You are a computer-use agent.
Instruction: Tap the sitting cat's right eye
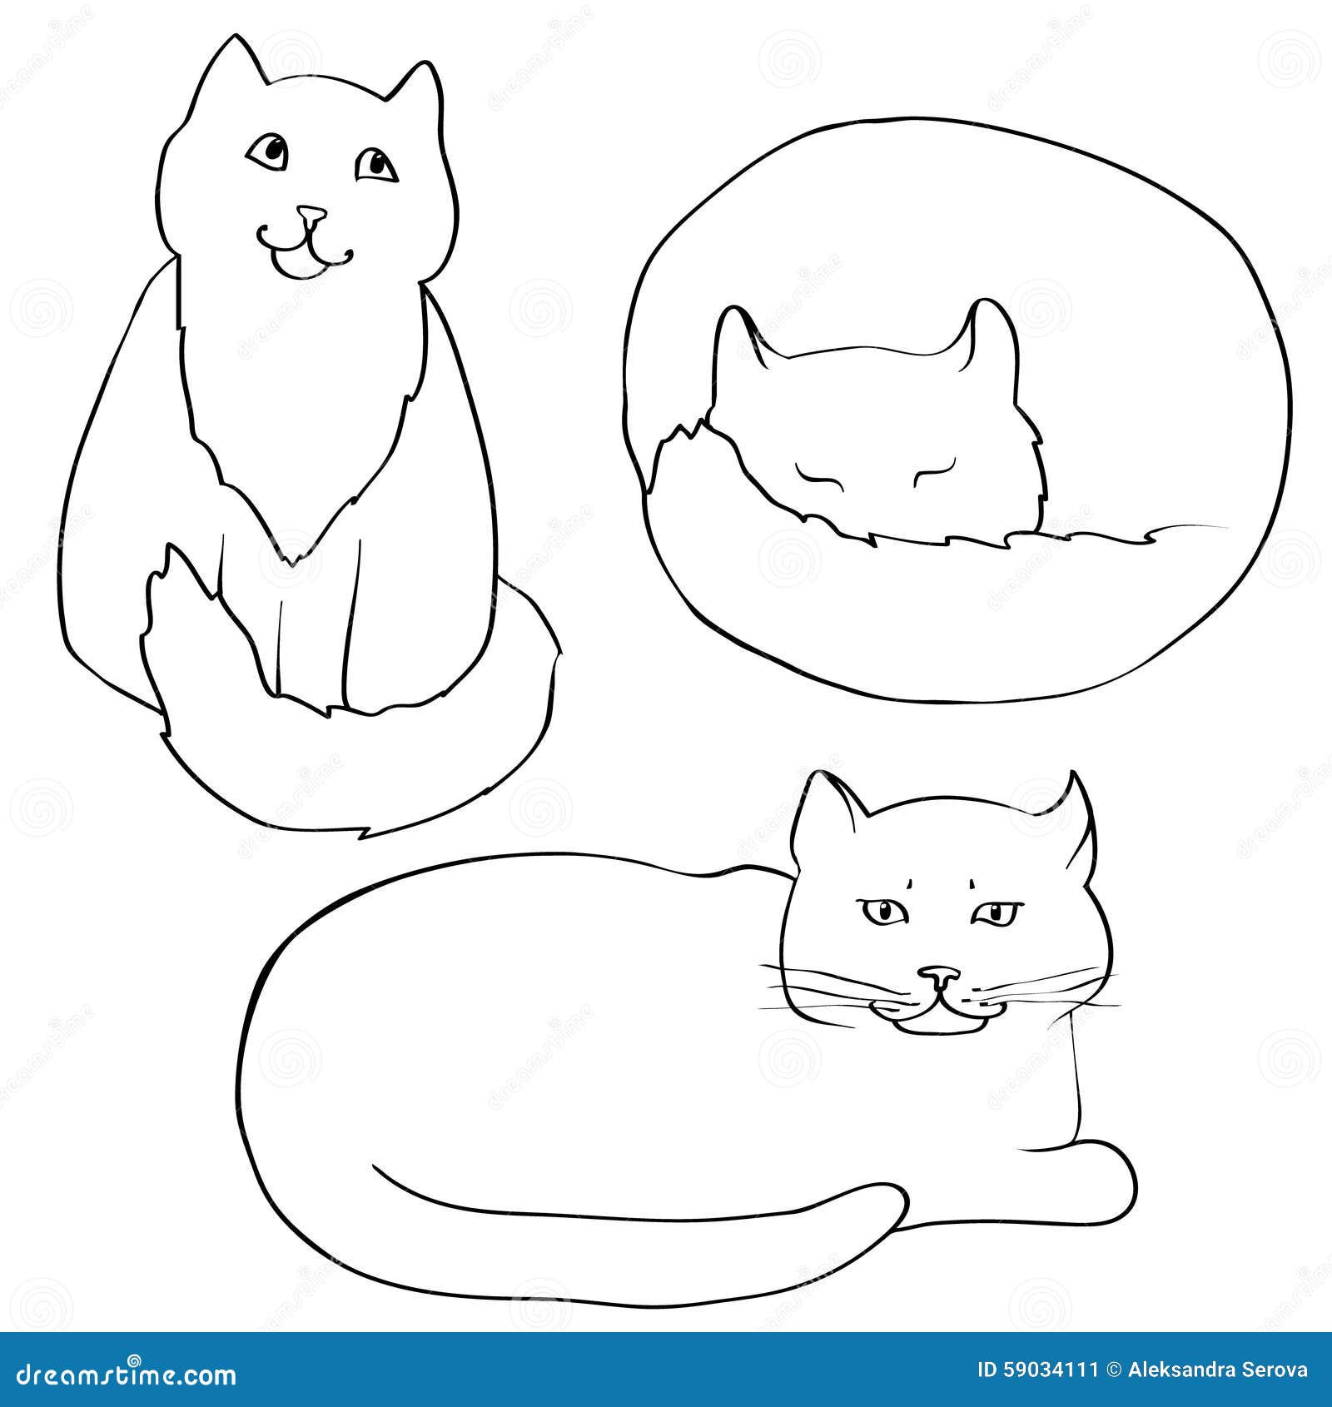click(x=376, y=165)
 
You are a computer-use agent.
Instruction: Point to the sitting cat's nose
click(x=311, y=215)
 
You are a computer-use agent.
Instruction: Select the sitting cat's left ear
click(x=232, y=62)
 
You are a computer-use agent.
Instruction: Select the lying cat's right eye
click(x=996, y=914)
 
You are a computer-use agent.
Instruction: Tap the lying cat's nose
click(x=939, y=974)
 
